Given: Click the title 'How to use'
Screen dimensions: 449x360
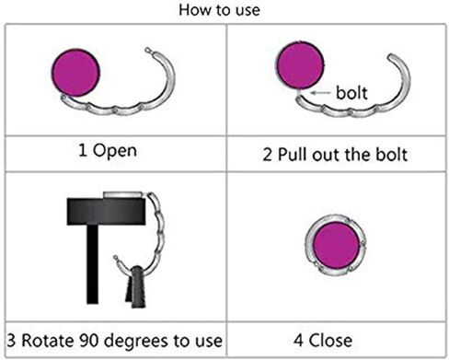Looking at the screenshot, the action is pyautogui.click(x=220, y=10).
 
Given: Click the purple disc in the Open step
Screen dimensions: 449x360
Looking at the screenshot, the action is pyautogui.click(x=75, y=73).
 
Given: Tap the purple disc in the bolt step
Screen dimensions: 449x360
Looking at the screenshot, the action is pyautogui.click(x=300, y=65).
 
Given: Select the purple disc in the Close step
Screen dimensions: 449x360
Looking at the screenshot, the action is pyautogui.click(x=337, y=245).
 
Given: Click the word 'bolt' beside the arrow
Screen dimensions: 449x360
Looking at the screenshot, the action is pyautogui.click(x=351, y=93).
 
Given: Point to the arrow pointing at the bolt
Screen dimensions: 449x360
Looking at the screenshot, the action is pyautogui.click(x=321, y=92).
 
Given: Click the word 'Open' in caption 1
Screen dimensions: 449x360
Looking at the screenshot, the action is pyautogui.click(x=115, y=151).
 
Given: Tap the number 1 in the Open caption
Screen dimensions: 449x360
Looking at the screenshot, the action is pyautogui.click(x=82, y=150).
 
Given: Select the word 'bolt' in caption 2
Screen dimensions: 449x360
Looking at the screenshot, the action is pyautogui.click(x=392, y=155).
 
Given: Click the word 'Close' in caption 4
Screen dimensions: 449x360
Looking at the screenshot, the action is pyautogui.click(x=330, y=341).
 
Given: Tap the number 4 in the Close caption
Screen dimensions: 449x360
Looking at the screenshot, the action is pyautogui.click(x=299, y=341).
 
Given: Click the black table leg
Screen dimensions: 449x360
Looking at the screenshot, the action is pyautogui.click(x=92, y=264).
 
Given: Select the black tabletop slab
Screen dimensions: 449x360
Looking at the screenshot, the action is pyautogui.click(x=106, y=212).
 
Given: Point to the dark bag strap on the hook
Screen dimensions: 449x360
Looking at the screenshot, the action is pyautogui.click(x=136, y=287).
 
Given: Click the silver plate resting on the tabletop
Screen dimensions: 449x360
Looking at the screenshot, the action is pyautogui.click(x=122, y=195).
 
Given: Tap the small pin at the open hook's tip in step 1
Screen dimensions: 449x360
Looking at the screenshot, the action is pyautogui.click(x=149, y=50).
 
